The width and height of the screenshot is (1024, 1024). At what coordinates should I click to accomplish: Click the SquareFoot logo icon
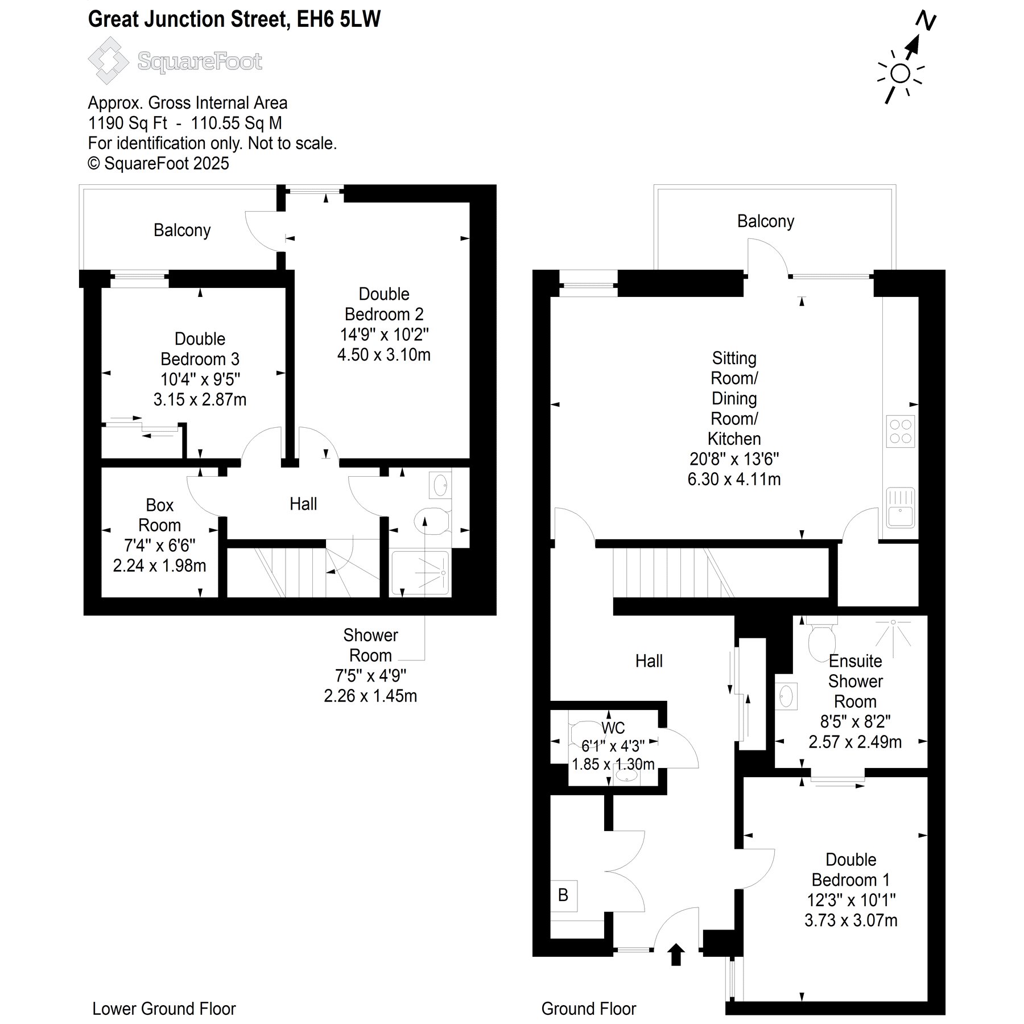click(108, 61)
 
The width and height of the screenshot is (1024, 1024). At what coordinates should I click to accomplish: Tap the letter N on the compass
click(926, 21)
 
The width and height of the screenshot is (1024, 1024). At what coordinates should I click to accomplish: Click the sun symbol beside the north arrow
click(900, 73)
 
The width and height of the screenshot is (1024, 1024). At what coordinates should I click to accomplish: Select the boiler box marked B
click(563, 895)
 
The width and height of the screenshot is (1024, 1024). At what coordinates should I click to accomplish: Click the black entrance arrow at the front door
click(676, 954)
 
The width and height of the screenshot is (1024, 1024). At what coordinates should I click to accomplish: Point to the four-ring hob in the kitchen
click(900, 431)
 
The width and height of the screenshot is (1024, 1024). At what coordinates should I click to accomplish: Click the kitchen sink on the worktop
click(900, 507)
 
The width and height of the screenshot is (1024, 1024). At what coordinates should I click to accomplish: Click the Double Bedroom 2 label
click(384, 304)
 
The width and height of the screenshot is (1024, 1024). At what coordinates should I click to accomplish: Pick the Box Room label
click(159, 515)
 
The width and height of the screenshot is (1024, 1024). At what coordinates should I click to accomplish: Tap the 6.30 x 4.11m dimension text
click(734, 479)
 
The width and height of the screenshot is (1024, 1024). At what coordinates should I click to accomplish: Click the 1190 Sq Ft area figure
click(127, 123)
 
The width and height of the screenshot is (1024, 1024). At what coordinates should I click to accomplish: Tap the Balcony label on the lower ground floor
click(182, 230)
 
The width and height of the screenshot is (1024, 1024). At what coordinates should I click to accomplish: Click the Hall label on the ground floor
click(649, 660)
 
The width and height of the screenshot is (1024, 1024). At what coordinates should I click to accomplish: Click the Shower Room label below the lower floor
click(370, 645)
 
